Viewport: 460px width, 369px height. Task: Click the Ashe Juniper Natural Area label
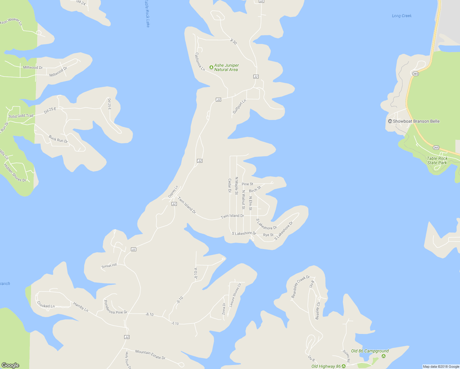[226, 67]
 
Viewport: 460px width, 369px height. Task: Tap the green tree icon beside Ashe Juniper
[211, 67]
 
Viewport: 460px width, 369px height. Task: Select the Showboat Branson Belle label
[416, 121]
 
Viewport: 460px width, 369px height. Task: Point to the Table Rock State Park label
[437, 161]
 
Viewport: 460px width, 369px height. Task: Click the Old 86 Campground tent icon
[383, 356]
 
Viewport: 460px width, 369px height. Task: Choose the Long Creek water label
[402, 16]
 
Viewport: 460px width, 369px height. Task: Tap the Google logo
[10, 365]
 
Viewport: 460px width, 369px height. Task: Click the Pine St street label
[247, 184]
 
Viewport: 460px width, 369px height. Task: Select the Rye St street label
[268, 235]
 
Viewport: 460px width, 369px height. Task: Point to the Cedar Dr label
[229, 186]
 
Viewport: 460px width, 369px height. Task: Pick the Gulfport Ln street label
[239, 106]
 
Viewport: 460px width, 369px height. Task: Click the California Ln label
[200, 61]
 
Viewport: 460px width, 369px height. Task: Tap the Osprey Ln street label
[173, 192]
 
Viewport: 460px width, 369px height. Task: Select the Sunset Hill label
[109, 266]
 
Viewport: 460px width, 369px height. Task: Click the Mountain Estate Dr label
[150, 355]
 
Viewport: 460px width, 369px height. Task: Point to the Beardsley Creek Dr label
[300, 287]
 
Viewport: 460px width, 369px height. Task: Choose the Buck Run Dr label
[58, 139]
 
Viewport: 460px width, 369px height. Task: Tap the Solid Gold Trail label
[21, 116]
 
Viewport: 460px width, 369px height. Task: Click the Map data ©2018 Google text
[441, 366]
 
